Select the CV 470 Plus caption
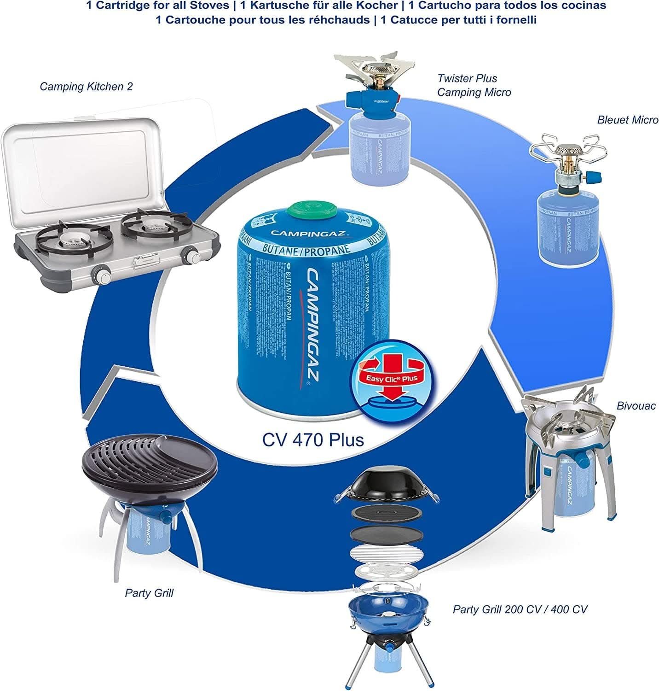coord(313,439)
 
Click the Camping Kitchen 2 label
coord(86,86)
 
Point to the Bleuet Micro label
coord(628,120)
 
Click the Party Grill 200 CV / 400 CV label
coord(520,609)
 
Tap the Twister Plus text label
coord(467,78)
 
